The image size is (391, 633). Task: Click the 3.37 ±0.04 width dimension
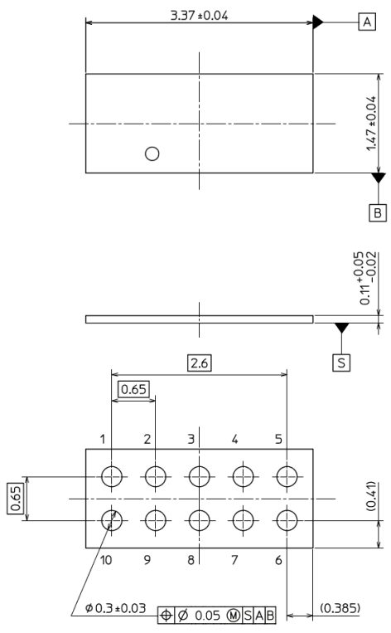point(199,15)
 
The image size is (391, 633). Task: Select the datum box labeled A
point(367,22)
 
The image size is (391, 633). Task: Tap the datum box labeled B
point(378,212)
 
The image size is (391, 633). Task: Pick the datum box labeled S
point(341,362)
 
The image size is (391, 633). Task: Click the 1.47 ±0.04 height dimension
point(371,124)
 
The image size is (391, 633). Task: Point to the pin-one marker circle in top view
point(152,153)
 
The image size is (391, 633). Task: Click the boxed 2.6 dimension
point(200,363)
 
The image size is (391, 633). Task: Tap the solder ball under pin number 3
point(199,477)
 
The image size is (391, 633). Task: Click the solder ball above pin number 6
point(287,521)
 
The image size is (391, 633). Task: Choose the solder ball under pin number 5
point(287,477)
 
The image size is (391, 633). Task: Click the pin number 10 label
point(106,560)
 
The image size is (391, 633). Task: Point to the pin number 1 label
point(103,439)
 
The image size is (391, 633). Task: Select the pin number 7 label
point(234,560)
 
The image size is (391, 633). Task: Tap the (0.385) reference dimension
point(340,608)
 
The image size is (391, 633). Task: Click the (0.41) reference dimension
point(371,496)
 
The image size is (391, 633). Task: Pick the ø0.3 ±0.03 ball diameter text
point(116,608)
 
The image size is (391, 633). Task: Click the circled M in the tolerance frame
point(233,616)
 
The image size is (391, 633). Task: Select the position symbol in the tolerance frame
point(166,616)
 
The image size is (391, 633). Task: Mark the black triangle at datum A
point(317,22)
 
